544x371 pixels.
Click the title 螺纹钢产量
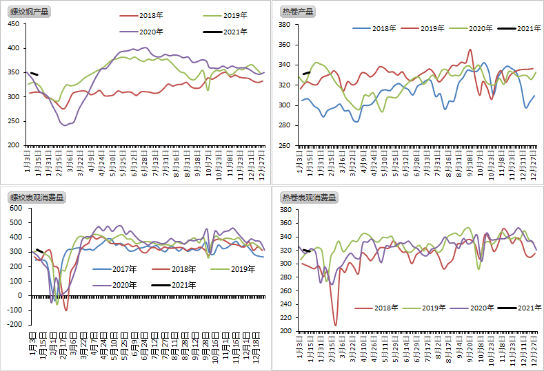(x=30, y=12)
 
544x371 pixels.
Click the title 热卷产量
(x=298, y=12)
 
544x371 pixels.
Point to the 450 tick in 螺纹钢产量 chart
(x=13, y=24)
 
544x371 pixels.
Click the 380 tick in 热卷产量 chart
(x=284, y=25)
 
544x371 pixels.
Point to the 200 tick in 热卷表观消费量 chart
(x=284, y=331)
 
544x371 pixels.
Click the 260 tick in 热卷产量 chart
(x=284, y=146)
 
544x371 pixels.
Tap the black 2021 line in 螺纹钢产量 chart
(x=34, y=73)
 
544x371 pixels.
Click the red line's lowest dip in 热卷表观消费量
(x=336, y=324)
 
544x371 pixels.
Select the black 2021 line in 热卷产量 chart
(x=307, y=72)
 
